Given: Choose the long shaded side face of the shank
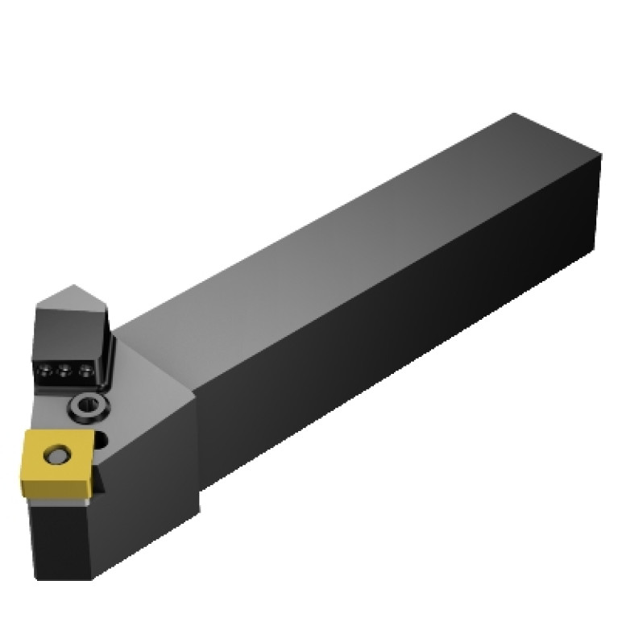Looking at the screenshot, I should coord(387,338).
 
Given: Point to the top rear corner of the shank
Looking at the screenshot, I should coord(513,114).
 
